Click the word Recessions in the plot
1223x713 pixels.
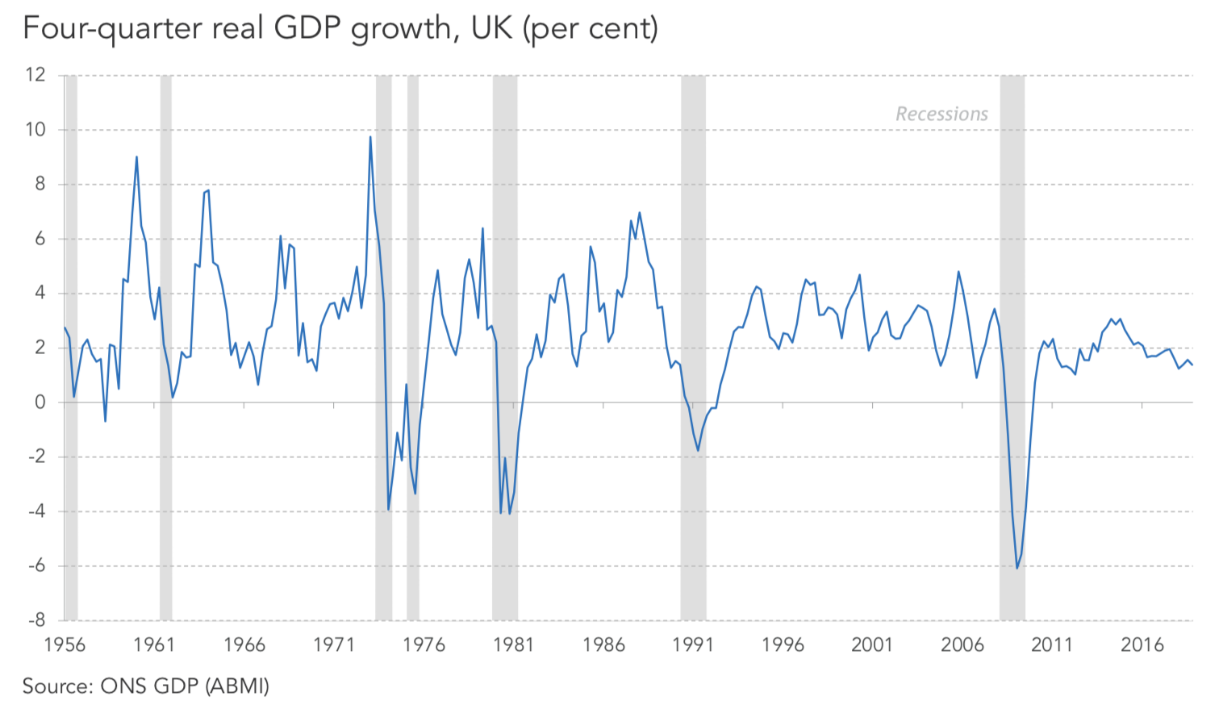pyautogui.click(x=941, y=115)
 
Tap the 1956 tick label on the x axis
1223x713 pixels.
pyautogui.click(x=65, y=644)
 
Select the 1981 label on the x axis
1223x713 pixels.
pyautogui.click(x=514, y=644)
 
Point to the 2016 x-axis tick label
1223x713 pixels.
pyautogui.click(x=1142, y=644)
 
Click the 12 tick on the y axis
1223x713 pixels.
pyautogui.click(x=35, y=75)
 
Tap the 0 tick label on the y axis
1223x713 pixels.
pyautogui.click(x=40, y=402)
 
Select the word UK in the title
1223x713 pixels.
pyautogui.click(x=491, y=29)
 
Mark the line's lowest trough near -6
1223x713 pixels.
pyautogui.click(x=1017, y=568)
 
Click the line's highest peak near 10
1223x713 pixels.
pyautogui.click(x=370, y=136)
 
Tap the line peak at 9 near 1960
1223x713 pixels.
pyautogui.click(x=136, y=156)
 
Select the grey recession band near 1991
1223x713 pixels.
pyautogui.click(x=693, y=347)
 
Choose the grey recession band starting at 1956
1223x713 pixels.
pyautogui.click(x=71, y=347)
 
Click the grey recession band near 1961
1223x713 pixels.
pyautogui.click(x=166, y=347)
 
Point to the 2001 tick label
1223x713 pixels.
pyautogui.click(x=872, y=644)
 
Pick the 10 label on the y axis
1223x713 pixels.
pyautogui.click(x=35, y=130)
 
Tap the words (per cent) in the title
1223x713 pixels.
pyautogui.click(x=590, y=29)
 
